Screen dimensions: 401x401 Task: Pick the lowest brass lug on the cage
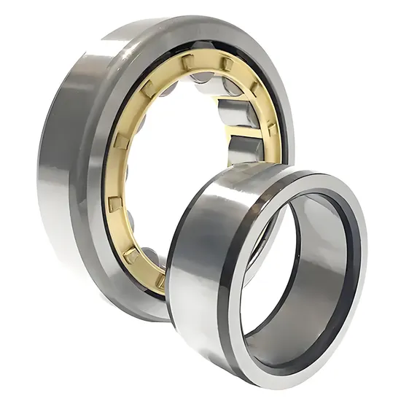click(x=134, y=255)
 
